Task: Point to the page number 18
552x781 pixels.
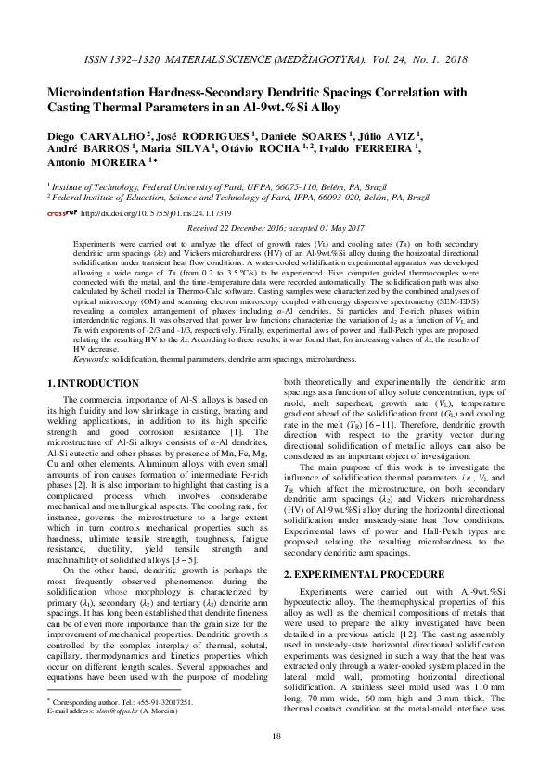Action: pyautogui.click(x=276, y=736)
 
